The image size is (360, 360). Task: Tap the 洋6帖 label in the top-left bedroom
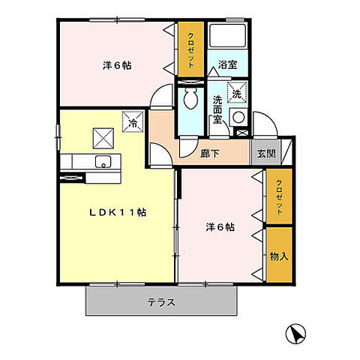(x=117, y=65)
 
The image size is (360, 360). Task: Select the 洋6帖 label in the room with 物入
(x=220, y=227)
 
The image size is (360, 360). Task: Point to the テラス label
(x=161, y=302)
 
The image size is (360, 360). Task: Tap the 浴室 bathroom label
(x=227, y=65)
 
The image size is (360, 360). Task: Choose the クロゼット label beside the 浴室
(x=191, y=49)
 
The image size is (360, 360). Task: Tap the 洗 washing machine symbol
(x=236, y=95)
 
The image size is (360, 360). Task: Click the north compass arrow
(x=296, y=332)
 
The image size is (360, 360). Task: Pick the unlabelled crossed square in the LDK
(x=101, y=138)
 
